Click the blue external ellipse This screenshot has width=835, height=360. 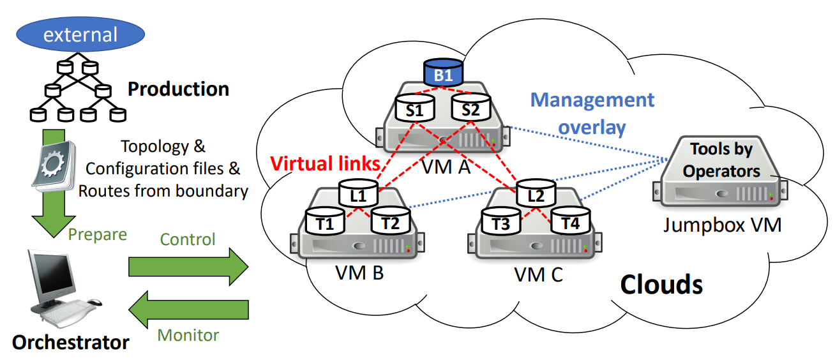pos(80,34)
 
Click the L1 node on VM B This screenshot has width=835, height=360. pos(359,195)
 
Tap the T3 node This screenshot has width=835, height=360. pos(500,223)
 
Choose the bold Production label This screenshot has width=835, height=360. pos(179,89)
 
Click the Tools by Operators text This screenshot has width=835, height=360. pos(721,160)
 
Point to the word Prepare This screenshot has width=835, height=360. pos(97,234)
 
